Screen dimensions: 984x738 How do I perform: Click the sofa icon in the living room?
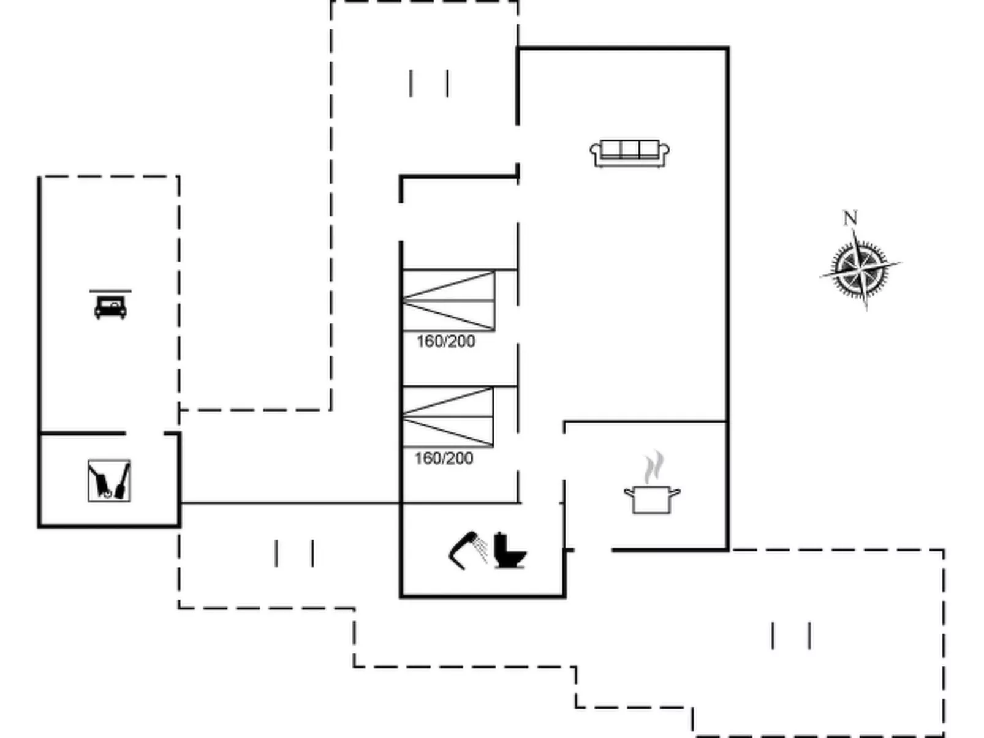pyautogui.click(x=629, y=154)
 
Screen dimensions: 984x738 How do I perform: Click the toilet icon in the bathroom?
pyautogui.click(x=510, y=550)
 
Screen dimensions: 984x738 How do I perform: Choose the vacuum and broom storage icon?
pyautogui.click(x=109, y=481)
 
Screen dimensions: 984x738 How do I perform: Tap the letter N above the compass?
pyautogui.click(x=850, y=218)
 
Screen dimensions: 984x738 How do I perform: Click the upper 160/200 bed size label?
pyautogui.click(x=445, y=342)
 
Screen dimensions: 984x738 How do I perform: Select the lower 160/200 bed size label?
pyautogui.click(x=444, y=458)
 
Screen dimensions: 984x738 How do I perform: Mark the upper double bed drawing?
pyautogui.click(x=448, y=301)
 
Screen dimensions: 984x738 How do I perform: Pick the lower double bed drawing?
pyautogui.click(x=448, y=417)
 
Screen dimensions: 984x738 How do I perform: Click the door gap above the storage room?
pyautogui.click(x=145, y=433)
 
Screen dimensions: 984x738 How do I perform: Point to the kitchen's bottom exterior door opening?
pyautogui.click(x=593, y=550)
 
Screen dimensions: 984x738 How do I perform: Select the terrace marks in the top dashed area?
pyautogui.click(x=429, y=83)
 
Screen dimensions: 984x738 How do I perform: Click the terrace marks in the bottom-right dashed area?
pyautogui.click(x=791, y=635)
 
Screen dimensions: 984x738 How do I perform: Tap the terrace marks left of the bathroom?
pyautogui.click(x=294, y=554)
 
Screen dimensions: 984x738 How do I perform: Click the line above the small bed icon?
pyautogui.click(x=110, y=291)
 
